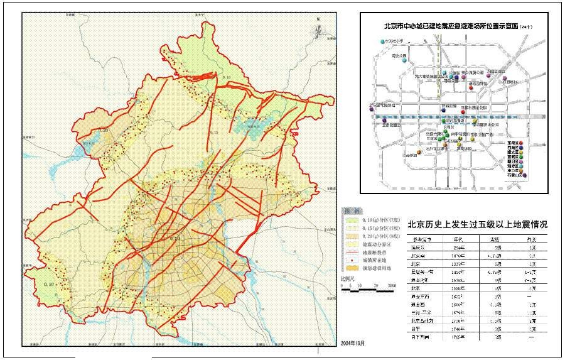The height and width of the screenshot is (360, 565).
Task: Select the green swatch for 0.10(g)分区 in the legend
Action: click(348, 221)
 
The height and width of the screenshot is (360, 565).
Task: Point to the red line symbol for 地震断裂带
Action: click(348, 249)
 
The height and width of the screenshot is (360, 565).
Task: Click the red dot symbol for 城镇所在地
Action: click(348, 257)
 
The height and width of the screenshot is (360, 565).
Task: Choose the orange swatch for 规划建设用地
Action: click(348, 265)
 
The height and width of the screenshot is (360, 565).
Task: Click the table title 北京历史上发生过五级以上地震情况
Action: click(478, 224)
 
